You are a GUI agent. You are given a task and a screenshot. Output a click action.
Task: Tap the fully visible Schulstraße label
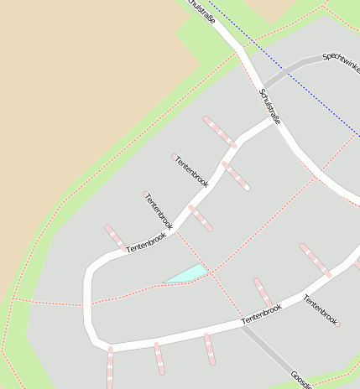coord(269,106)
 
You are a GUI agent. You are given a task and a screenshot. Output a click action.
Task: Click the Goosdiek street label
coord(301,379)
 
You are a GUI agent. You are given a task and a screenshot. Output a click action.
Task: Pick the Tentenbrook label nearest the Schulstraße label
coord(191,170)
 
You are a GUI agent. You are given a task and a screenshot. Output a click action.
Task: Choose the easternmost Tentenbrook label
coord(320,309)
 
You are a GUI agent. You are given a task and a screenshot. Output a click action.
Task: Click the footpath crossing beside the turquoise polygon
coord(211,273)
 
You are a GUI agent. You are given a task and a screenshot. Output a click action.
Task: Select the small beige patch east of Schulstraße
coord(270,8)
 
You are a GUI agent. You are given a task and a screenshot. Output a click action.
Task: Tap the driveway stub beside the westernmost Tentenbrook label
coord(116,237)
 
